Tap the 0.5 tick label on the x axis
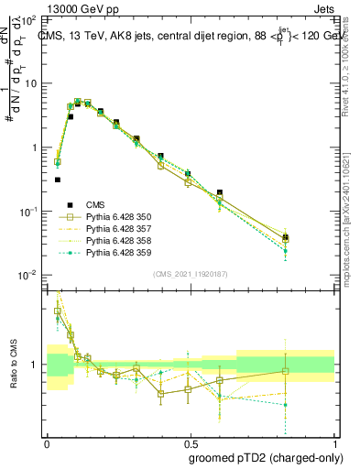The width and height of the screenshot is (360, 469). coord(190,442)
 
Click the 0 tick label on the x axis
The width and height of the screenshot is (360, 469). coord(47,442)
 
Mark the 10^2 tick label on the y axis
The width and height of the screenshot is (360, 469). coord(28,19)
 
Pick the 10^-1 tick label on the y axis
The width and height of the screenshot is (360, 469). coord(28,211)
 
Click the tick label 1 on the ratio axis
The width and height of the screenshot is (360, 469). coord(37,365)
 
